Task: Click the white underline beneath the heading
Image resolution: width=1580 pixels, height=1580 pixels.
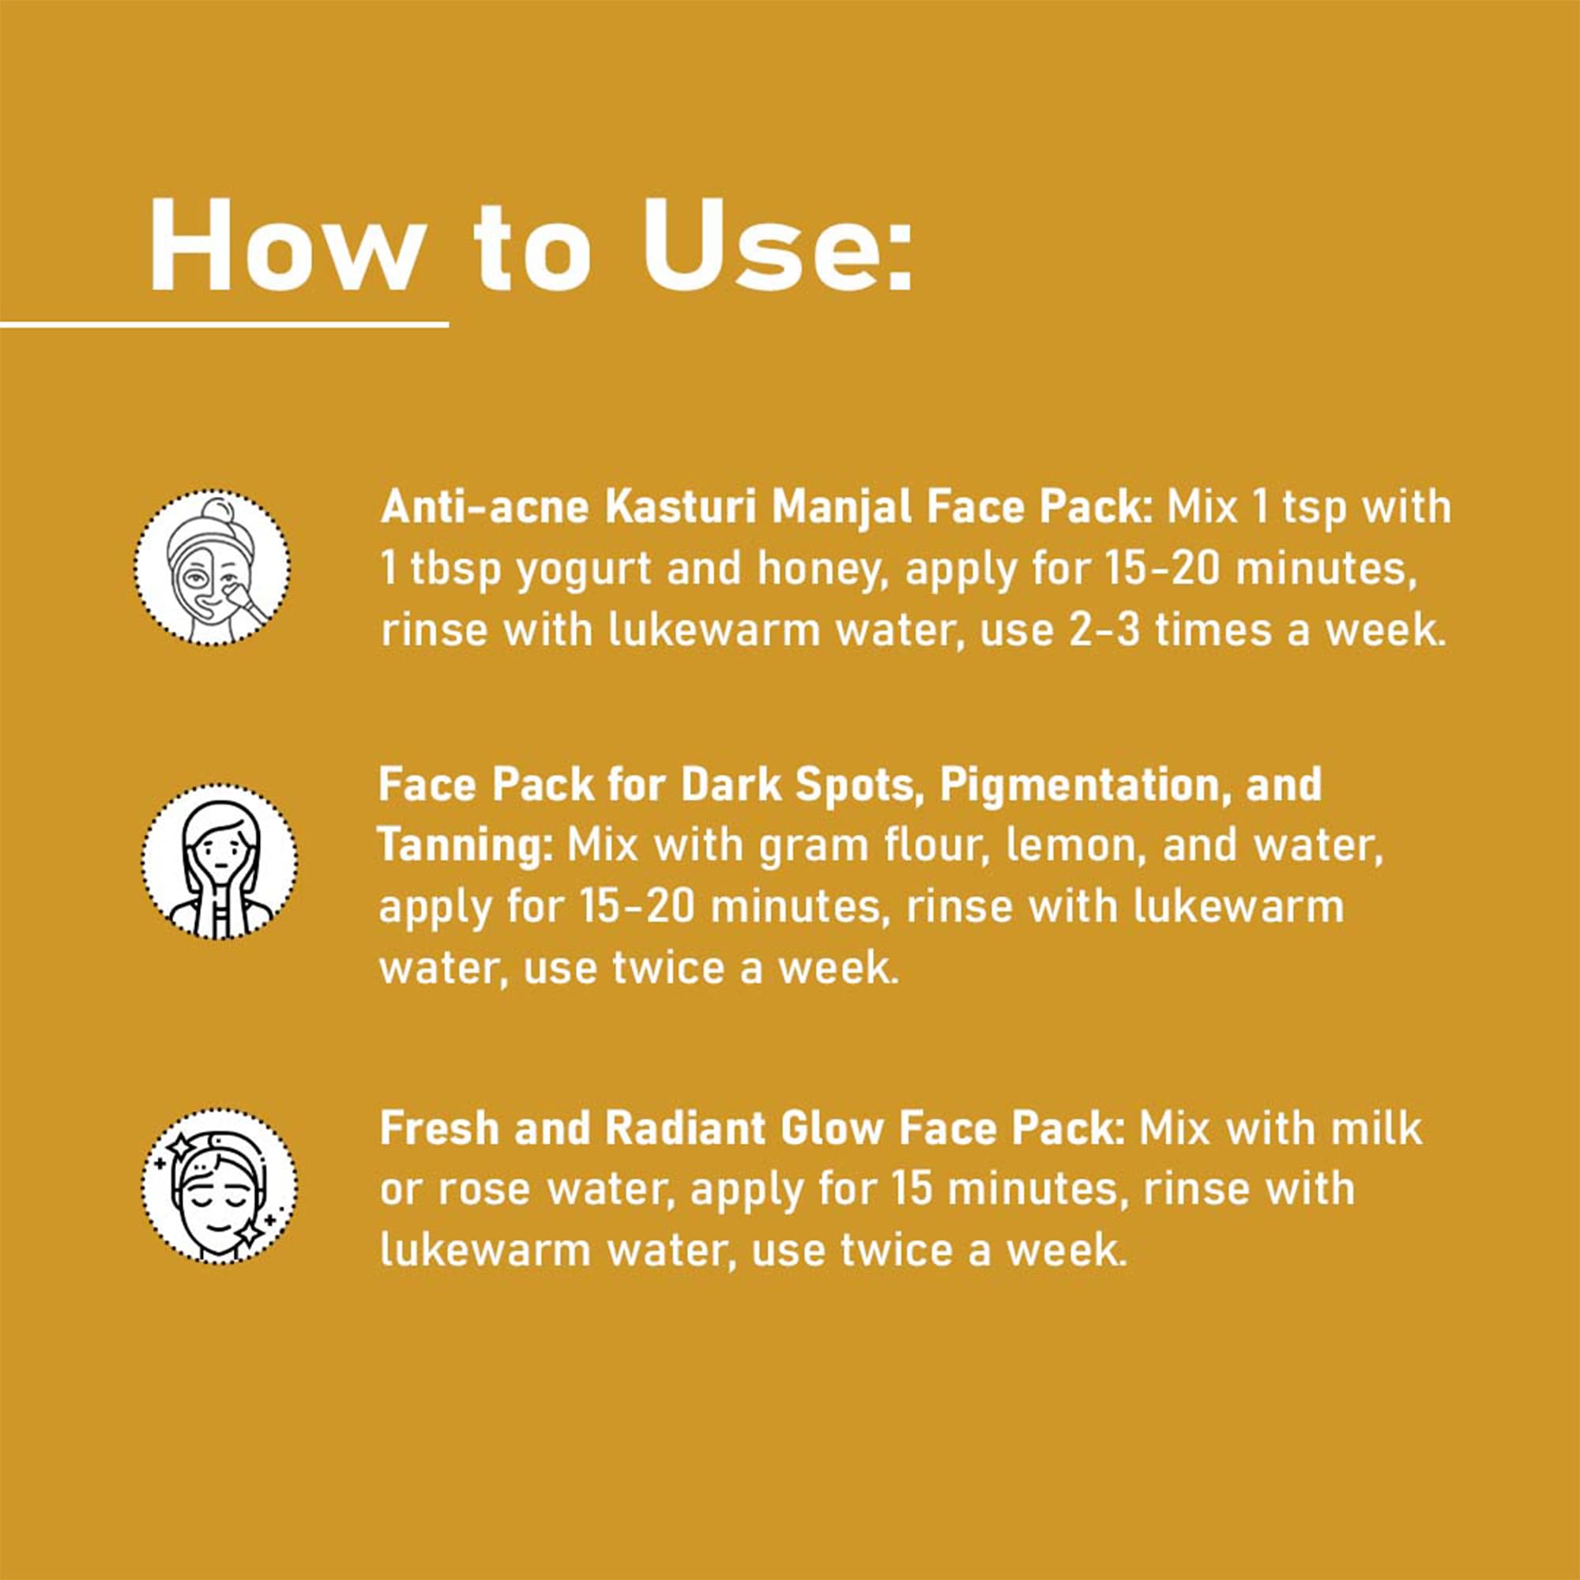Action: [224, 325]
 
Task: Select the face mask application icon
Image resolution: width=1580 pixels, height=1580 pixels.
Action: [213, 567]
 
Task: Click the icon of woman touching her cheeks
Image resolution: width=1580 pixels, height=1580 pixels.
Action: [218, 861]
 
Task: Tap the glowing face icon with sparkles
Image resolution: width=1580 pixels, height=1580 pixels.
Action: [218, 1185]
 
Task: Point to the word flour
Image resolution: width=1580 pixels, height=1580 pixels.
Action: [933, 845]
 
